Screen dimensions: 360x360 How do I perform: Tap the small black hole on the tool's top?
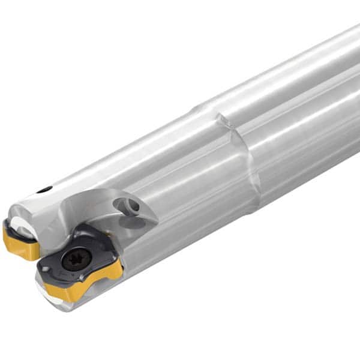[x=44, y=190]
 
